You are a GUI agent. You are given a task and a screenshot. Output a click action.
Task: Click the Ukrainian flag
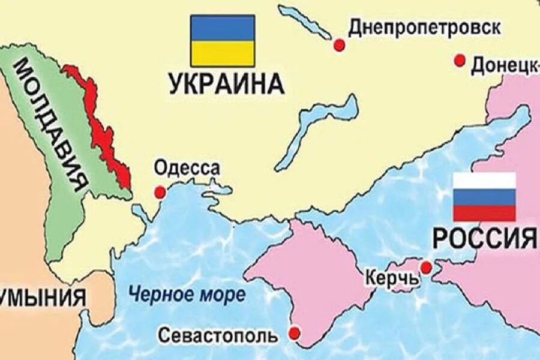click(x=222, y=40)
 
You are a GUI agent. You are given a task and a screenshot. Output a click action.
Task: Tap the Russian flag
click(x=484, y=197)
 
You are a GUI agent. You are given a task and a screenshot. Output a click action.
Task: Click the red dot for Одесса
click(x=160, y=192)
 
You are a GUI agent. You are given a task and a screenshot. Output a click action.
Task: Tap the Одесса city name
click(x=187, y=169)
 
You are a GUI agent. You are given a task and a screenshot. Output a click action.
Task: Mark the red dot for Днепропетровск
click(x=340, y=44)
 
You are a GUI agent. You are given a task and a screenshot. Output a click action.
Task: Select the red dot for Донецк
click(x=460, y=60)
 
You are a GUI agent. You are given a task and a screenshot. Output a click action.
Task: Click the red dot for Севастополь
click(x=294, y=332)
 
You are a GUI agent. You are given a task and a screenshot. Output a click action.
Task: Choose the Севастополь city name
click(x=218, y=335)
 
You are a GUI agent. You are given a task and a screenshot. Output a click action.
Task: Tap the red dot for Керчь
click(x=426, y=267)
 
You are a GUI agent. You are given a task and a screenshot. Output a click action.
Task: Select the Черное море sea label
click(x=187, y=295)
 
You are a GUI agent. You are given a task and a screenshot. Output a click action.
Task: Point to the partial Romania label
click(x=42, y=298)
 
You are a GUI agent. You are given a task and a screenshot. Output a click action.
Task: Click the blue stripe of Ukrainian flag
click(x=222, y=28)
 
